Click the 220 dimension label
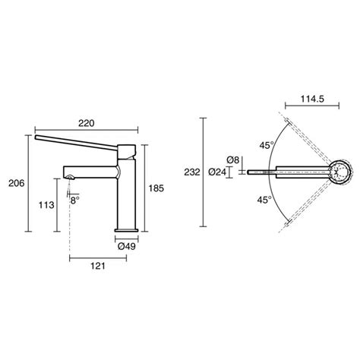pos(86,121)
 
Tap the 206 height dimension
pos(15,183)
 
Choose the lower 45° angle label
pos(264,200)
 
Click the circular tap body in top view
pos(340,172)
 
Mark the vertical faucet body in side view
pos(126,197)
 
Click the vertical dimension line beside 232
pos(204,172)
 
